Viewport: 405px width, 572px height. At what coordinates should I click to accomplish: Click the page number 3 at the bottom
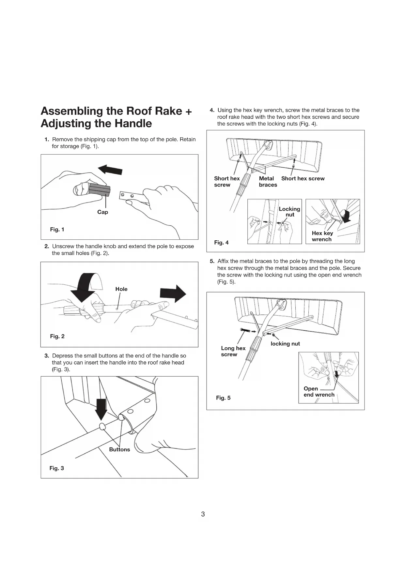point(203,514)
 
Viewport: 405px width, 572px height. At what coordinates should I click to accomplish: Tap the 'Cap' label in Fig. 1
point(102,212)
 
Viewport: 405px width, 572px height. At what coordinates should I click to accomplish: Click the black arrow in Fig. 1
point(110,170)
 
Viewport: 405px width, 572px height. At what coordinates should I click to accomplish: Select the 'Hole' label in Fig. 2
point(121,289)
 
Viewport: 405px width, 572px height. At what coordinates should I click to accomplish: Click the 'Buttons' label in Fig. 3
point(119,449)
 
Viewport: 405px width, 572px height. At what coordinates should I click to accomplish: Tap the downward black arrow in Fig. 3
point(101,409)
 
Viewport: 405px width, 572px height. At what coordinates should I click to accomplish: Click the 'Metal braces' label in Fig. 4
point(268,182)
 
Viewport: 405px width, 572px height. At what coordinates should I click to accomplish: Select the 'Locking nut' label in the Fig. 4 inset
point(289,212)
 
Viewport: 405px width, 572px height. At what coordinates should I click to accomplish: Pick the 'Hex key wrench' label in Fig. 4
point(322,236)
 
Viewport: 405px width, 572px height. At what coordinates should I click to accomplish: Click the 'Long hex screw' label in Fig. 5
point(233,351)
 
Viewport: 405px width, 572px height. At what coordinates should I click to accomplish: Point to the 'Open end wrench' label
point(319,392)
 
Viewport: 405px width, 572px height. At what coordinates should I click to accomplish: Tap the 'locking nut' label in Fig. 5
point(285,344)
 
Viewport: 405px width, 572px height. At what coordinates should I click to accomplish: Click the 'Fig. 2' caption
point(57,336)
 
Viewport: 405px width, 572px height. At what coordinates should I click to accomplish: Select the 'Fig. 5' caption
point(223,398)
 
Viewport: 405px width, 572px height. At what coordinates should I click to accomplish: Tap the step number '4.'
point(212,110)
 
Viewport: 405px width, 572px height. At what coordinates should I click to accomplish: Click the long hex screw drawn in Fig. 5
point(245,331)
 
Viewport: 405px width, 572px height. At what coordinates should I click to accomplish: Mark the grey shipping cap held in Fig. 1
point(100,190)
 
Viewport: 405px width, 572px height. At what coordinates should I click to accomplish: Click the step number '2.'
point(47,246)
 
